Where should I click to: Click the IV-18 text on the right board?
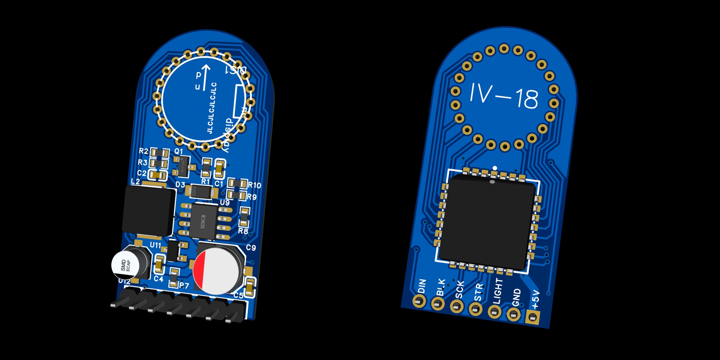504,96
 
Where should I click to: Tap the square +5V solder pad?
532,317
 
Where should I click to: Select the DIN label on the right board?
422,286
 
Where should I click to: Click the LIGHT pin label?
498,291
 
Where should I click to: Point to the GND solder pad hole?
513,315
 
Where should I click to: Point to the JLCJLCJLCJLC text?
212,108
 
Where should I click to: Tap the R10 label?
255,185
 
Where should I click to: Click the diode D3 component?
202,192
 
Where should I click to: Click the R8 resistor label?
243,231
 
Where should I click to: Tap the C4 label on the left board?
158,279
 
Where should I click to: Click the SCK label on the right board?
460,290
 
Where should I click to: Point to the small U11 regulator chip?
174,251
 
